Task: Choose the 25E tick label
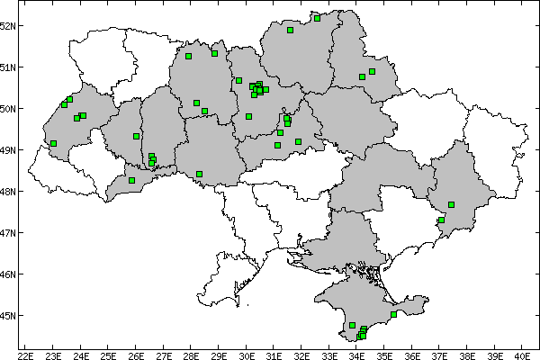click(x=108, y=354)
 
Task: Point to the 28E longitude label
click(x=191, y=354)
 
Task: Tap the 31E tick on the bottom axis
click(x=274, y=354)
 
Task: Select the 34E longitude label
click(x=356, y=354)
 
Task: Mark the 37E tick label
click(x=439, y=354)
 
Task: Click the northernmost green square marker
click(x=317, y=17)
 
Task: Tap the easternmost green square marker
click(x=452, y=204)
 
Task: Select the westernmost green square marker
click(x=54, y=143)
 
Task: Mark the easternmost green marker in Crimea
click(x=394, y=314)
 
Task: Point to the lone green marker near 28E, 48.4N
click(x=199, y=174)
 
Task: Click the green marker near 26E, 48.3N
click(x=132, y=180)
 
